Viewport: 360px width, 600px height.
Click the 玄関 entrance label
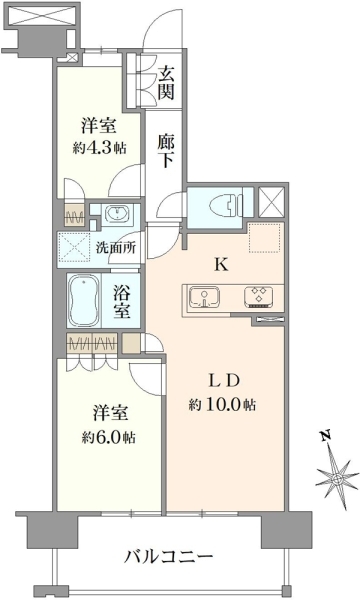click(x=166, y=82)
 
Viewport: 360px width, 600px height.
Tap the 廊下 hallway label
click(x=166, y=151)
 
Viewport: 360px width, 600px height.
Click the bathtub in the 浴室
click(x=84, y=300)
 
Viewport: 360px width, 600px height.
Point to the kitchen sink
click(x=204, y=297)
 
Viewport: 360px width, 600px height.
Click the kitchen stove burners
click(x=259, y=297)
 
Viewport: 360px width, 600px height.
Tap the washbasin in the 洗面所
click(x=117, y=213)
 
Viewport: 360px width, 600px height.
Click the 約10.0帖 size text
click(x=222, y=405)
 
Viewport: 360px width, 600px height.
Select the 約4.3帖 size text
click(x=99, y=147)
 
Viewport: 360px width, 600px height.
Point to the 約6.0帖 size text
click(x=109, y=437)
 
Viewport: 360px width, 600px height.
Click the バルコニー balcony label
click(x=168, y=557)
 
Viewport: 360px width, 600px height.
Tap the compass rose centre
click(x=337, y=478)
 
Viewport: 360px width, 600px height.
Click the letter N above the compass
click(x=326, y=436)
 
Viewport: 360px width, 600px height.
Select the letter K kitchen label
click(x=222, y=264)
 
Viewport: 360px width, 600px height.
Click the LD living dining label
click(x=223, y=381)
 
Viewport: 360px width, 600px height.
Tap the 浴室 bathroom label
click(x=121, y=302)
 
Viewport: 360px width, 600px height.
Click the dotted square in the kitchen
click(x=266, y=237)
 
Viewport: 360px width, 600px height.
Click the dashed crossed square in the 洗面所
click(x=73, y=248)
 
